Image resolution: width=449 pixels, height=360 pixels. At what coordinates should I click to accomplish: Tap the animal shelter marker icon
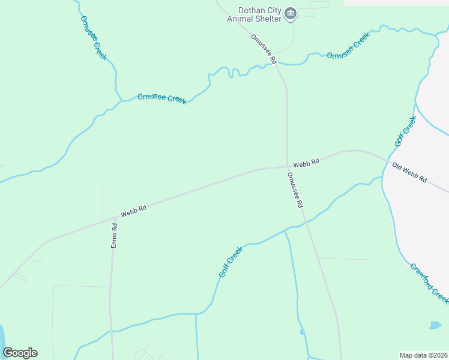click(x=291, y=14)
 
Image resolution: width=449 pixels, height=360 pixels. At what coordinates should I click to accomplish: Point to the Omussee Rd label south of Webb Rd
click(x=295, y=190)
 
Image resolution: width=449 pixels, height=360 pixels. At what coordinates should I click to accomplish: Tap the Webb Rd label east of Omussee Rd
click(x=306, y=162)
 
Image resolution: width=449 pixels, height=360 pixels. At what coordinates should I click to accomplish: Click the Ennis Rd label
click(x=114, y=236)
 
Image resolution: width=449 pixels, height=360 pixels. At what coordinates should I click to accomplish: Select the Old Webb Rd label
click(x=409, y=172)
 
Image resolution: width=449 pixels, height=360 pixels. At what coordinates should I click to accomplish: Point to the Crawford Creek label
click(x=429, y=283)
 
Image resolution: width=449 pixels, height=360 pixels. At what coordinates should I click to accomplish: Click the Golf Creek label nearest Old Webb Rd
click(x=405, y=131)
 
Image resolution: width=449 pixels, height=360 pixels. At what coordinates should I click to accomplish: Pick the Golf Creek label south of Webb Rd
click(x=231, y=262)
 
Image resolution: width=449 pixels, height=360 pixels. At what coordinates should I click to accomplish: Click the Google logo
click(x=20, y=353)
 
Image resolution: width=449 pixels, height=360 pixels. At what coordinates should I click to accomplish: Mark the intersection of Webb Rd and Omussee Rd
click(x=287, y=167)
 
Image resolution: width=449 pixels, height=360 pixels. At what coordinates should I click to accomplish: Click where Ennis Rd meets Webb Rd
click(x=113, y=218)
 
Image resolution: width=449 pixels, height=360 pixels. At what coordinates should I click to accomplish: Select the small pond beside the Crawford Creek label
click(x=435, y=325)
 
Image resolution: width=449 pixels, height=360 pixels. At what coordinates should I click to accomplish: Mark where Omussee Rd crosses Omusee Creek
click(x=278, y=64)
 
